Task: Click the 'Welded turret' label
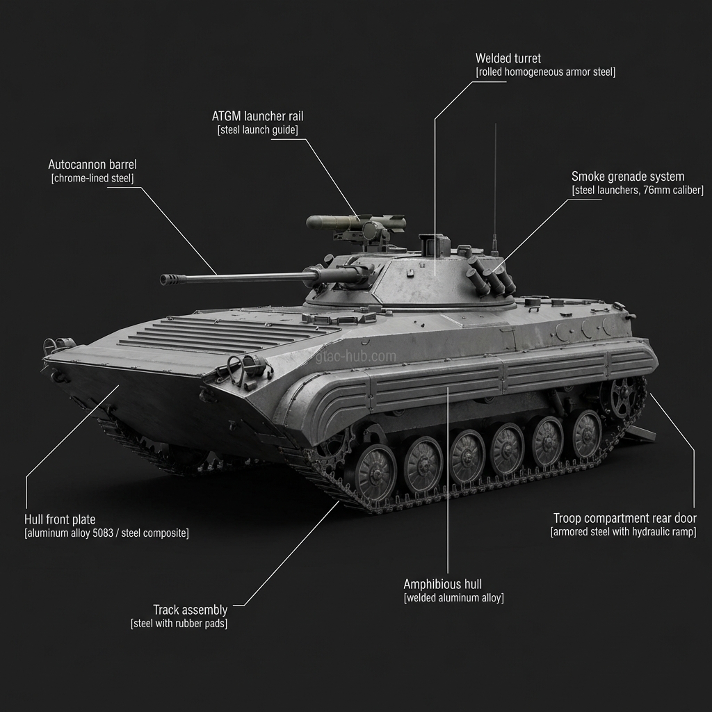pos(508,58)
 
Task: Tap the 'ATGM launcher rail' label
pos(257,116)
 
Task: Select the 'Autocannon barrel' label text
pos(92,165)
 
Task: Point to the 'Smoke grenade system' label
pos(628,177)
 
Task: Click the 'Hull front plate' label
pos(60,519)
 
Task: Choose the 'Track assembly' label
pos(190,610)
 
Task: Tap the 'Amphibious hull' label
pos(442,584)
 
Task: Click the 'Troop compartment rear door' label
pos(624,518)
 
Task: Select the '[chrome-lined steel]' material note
pos(92,179)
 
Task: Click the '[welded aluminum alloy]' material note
pos(453,598)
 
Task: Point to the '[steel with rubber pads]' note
pos(179,624)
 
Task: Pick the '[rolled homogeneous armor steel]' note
pos(545,72)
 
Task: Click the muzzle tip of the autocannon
pos(165,279)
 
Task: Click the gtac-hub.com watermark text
pos(355,357)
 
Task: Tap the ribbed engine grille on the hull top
pos(222,333)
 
